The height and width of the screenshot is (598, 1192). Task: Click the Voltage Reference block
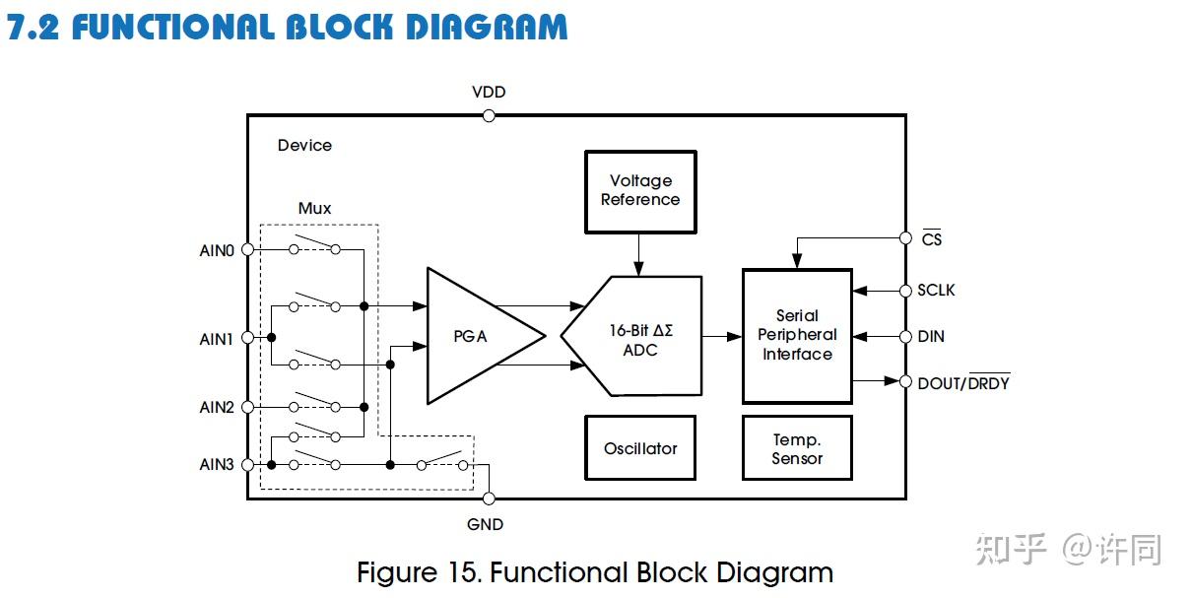click(640, 191)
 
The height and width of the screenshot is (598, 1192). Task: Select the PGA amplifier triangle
click(473, 336)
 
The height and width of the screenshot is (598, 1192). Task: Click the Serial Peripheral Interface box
click(796, 336)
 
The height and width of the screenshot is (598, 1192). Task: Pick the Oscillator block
click(640, 448)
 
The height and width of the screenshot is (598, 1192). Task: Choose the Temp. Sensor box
click(796, 448)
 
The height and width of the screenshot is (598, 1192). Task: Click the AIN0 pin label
click(217, 250)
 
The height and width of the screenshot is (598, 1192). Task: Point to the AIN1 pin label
click(217, 339)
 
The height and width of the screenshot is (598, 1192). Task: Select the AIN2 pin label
click(217, 407)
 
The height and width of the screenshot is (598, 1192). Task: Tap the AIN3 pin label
click(217, 464)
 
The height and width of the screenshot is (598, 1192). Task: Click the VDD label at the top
click(489, 93)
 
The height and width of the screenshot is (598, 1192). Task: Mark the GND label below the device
click(486, 524)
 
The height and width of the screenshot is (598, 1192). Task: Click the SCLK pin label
click(936, 291)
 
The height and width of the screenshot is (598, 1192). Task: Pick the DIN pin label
click(931, 337)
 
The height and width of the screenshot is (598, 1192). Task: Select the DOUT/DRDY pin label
click(963, 383)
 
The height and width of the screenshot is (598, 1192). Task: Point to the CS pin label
click(932, 239)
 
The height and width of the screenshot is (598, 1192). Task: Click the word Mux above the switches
click(314, 209)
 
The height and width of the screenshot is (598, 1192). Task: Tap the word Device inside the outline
click(304, 146)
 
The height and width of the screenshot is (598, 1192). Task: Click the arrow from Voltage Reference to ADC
click(639, 255)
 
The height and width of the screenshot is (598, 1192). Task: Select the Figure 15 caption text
click(595, 572)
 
